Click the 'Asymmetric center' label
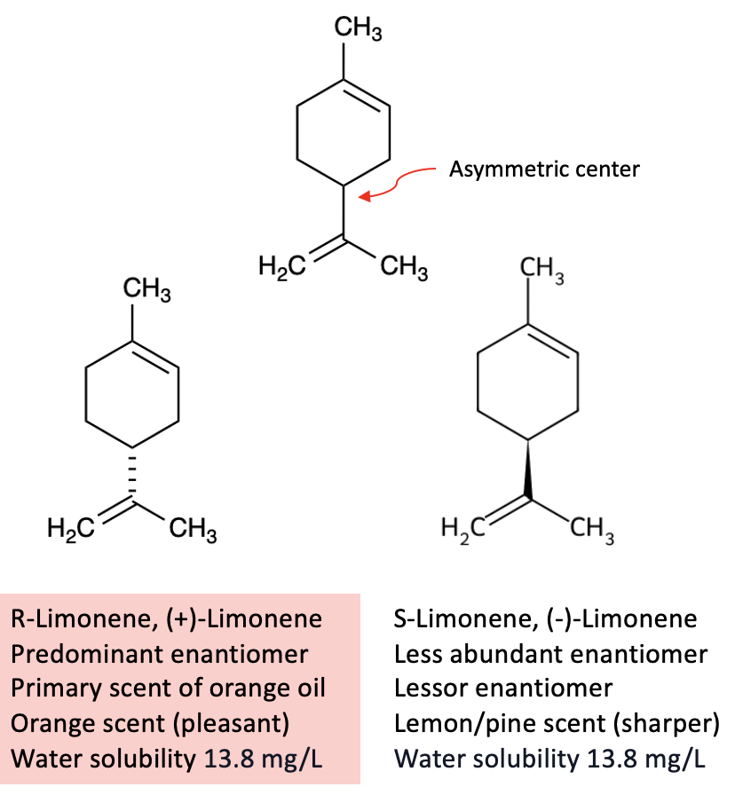coord(544,169)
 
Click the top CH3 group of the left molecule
coord(147,289)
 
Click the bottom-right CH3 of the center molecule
coord(402,267)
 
